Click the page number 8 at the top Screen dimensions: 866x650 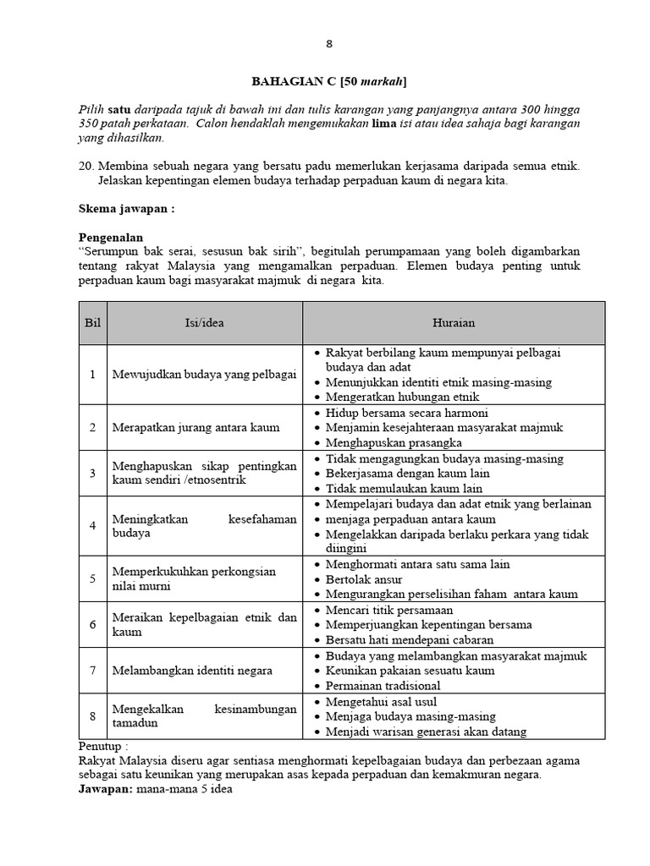click(330, 45)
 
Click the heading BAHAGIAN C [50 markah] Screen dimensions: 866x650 click(330, 81)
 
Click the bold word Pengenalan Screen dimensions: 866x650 click(111, 238)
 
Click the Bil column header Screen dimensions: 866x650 click(92, 322)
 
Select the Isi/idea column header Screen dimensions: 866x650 click(205, 322)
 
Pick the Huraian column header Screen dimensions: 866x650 click(454, 322)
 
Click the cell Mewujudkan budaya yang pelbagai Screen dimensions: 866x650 click(204, 374)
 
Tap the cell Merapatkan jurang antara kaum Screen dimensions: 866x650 click(196, 427)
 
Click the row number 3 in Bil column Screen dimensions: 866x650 click(92, 473)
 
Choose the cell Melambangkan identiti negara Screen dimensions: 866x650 click(192, 671)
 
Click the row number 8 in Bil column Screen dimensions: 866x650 click(92, 716)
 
